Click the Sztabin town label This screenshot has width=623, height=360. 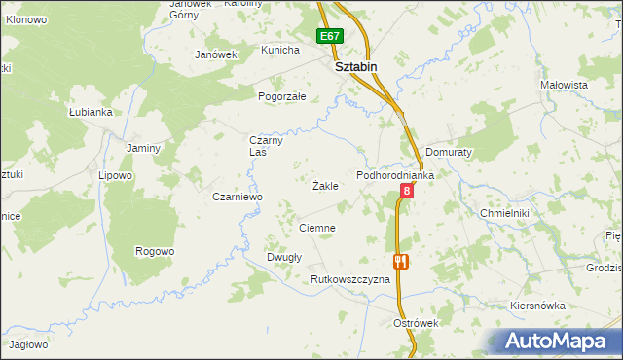tap(355, 67)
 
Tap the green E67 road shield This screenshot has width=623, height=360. tap(330, 37)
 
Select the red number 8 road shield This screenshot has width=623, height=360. tap(406, 192)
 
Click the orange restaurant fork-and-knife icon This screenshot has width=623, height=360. tap(399, 261)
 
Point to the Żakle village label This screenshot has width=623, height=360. tap(325, 185)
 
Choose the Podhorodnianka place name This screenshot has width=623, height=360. tap(394, 174)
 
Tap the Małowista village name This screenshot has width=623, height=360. tap(565, 85)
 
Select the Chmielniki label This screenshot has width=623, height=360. tap(503, 211)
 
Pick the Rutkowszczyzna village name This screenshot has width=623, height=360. tap(349, 279)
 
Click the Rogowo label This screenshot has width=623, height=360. tap(155, 251)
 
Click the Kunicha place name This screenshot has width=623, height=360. tap(280, 49)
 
